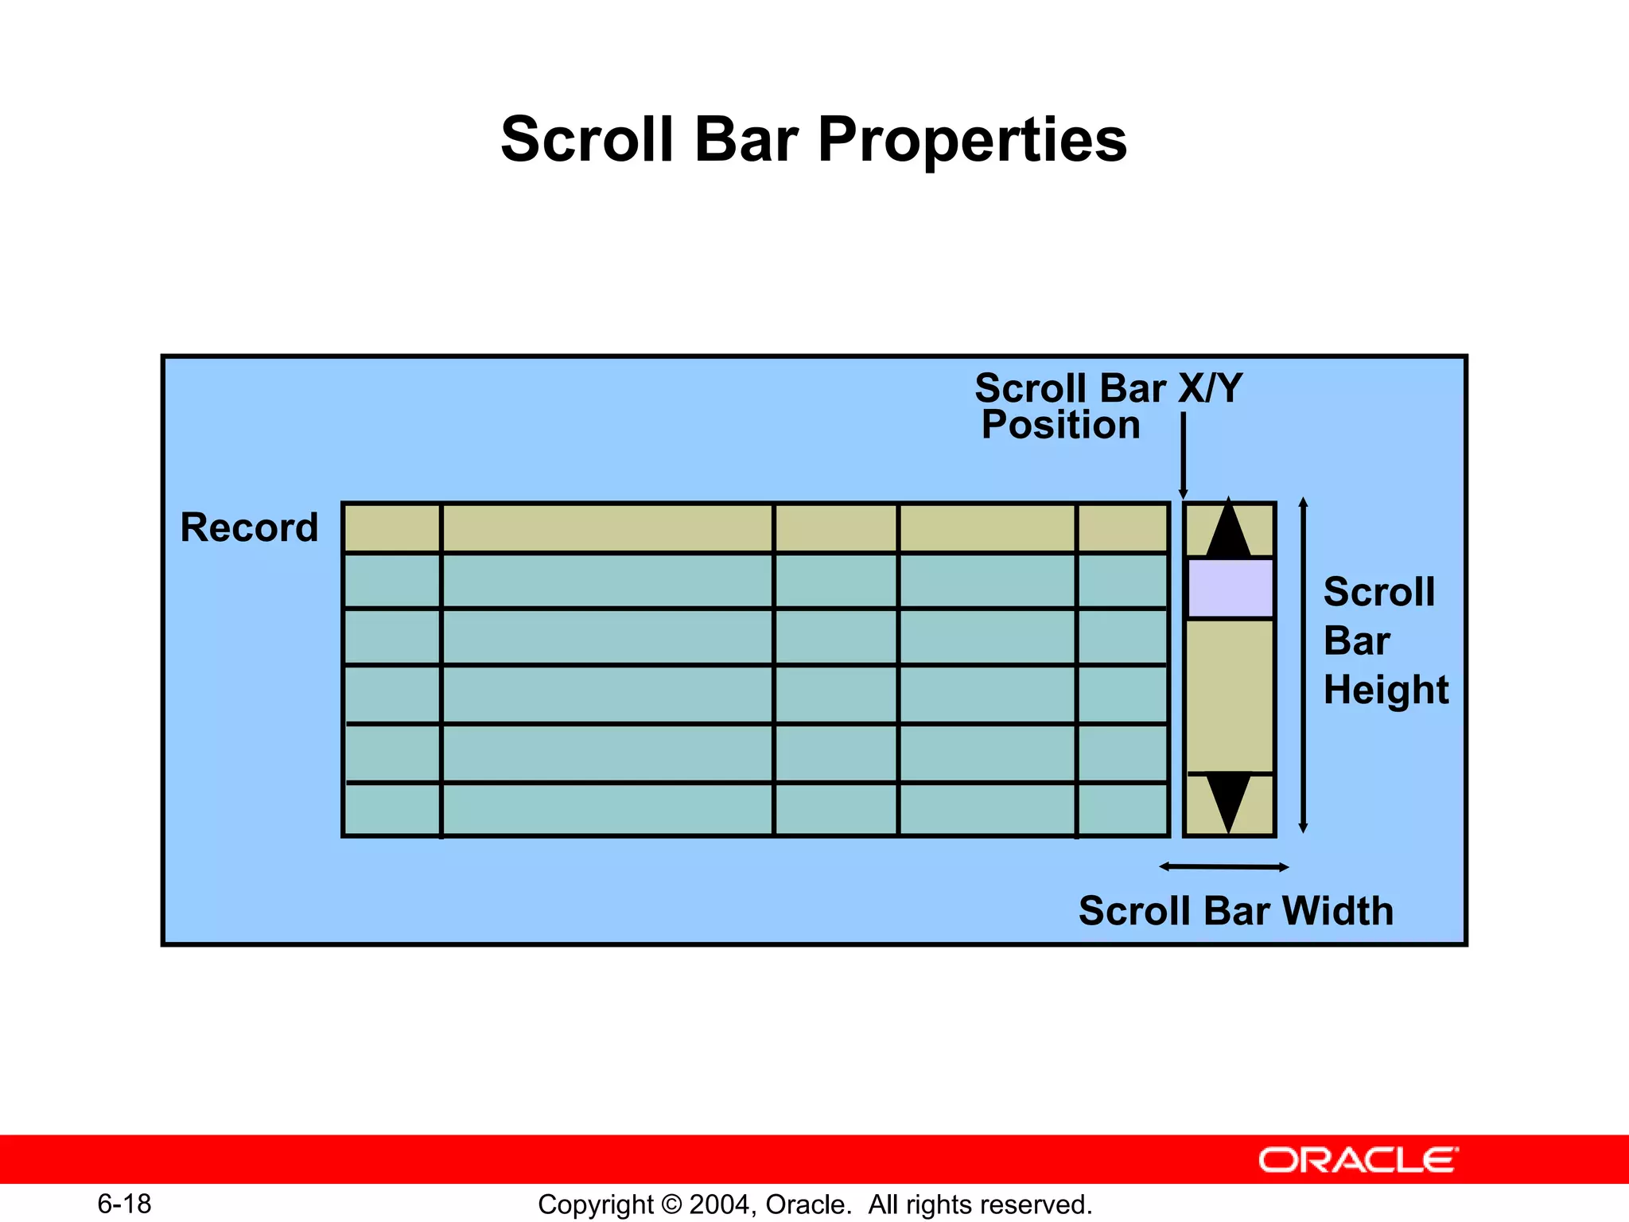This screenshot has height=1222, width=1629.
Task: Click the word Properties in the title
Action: tap(972, 140)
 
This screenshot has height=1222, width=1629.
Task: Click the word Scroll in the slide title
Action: tap(587, 140)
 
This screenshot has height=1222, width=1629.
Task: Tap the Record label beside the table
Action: tap(249, 527)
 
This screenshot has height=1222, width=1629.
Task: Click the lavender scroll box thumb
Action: tap(1230, 589)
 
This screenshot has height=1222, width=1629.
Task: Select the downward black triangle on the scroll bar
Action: tap(1229, 800)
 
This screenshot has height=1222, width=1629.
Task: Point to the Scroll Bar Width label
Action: tap(1235, 911)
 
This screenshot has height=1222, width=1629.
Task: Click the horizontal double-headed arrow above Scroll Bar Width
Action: tap(1223, 867)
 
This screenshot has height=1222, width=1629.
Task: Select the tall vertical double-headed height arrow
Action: tap(1303, 665)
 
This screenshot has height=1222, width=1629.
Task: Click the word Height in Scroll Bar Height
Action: tap(1386, 690)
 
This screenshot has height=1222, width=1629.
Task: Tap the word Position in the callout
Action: tap(1060, 425)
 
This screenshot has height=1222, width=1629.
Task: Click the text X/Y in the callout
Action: tap(1210, 389)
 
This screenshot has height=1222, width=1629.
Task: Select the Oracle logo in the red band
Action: tap(1358, 1161)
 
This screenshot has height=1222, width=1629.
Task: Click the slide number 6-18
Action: tap(124, 1204)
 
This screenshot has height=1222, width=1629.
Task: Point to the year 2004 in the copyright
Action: tap(719, 1204)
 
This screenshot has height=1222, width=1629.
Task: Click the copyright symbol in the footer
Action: tap(671, 1204)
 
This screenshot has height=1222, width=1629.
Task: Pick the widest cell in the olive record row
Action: tap(607, 528)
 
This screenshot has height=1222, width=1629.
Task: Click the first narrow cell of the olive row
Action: tap(392, 528)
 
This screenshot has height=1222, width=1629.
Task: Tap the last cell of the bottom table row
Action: tap(1122, 810)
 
